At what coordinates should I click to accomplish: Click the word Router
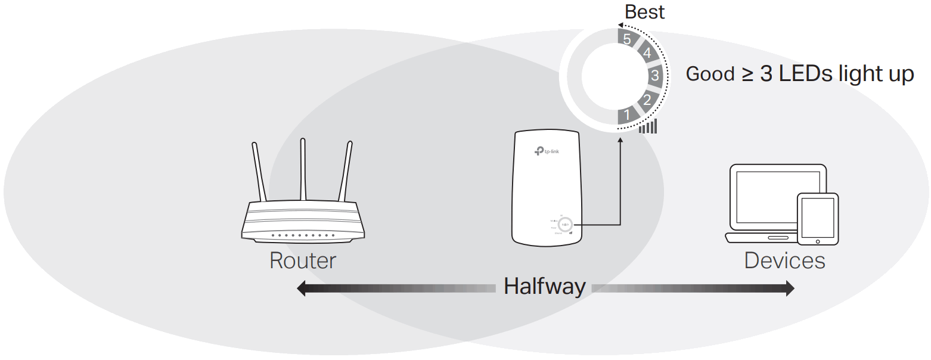point(303,261)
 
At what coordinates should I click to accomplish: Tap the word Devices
point(784,261)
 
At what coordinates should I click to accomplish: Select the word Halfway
point(545,287)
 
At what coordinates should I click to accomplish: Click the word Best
point(644,12)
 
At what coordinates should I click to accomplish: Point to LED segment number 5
point(626,39)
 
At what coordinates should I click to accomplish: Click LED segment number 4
point(647,54)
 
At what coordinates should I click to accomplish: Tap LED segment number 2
point(647,100)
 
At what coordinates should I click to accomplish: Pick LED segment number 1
point(626,114)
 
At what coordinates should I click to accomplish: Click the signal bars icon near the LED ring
point(648,126)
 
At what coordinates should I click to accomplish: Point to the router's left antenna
point(258,173)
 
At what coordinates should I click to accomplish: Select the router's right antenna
point(346,173)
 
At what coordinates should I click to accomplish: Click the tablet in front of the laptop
point(818,218)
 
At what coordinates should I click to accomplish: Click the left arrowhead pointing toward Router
point(302,289)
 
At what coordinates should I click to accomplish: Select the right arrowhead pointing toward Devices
point(789,289)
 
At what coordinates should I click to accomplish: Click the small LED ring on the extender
point(564,225)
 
